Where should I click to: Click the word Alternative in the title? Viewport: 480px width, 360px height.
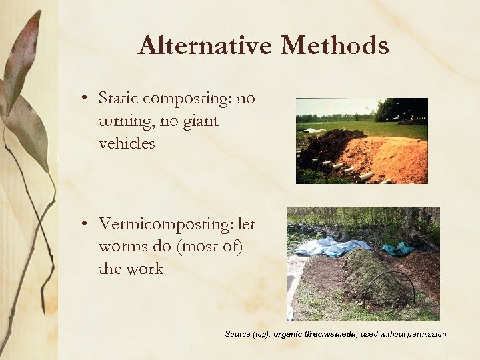[x=205, y=46]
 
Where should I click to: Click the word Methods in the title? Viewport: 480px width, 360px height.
[x=335, y=46]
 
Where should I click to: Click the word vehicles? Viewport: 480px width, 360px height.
[x=127, y=143]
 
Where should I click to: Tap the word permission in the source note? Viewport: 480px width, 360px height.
[x=424, y=334]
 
